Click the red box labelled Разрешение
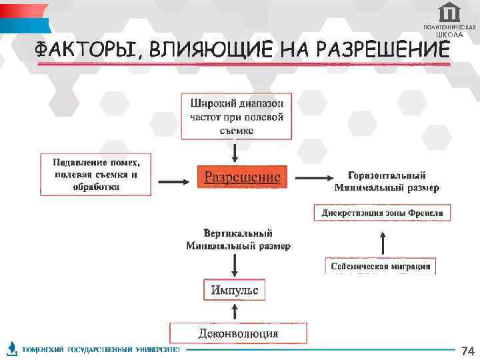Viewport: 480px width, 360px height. pos(242,178)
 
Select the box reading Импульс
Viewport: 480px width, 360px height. pos(234,290)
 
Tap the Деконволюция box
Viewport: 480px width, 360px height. pos(238,333)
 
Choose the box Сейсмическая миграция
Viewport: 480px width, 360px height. pos(381,266)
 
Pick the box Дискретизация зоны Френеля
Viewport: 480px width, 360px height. pos(383,213)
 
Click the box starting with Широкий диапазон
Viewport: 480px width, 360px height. pos(237,116)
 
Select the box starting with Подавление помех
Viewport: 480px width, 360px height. pos(96,175)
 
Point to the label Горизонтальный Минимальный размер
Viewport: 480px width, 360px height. pos(387,181)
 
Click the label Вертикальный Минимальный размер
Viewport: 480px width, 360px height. pos(238,239)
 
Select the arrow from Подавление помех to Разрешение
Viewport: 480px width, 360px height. pos(173,179)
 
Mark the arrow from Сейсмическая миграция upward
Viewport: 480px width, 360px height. pos(383,242)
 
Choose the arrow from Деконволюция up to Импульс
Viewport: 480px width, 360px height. pos(235,312)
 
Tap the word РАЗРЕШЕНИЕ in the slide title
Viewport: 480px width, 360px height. pos(383,50)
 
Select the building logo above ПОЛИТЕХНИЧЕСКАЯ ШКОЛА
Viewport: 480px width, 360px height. pos(450,12)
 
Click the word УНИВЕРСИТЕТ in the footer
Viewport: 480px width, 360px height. pos(158,350)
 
